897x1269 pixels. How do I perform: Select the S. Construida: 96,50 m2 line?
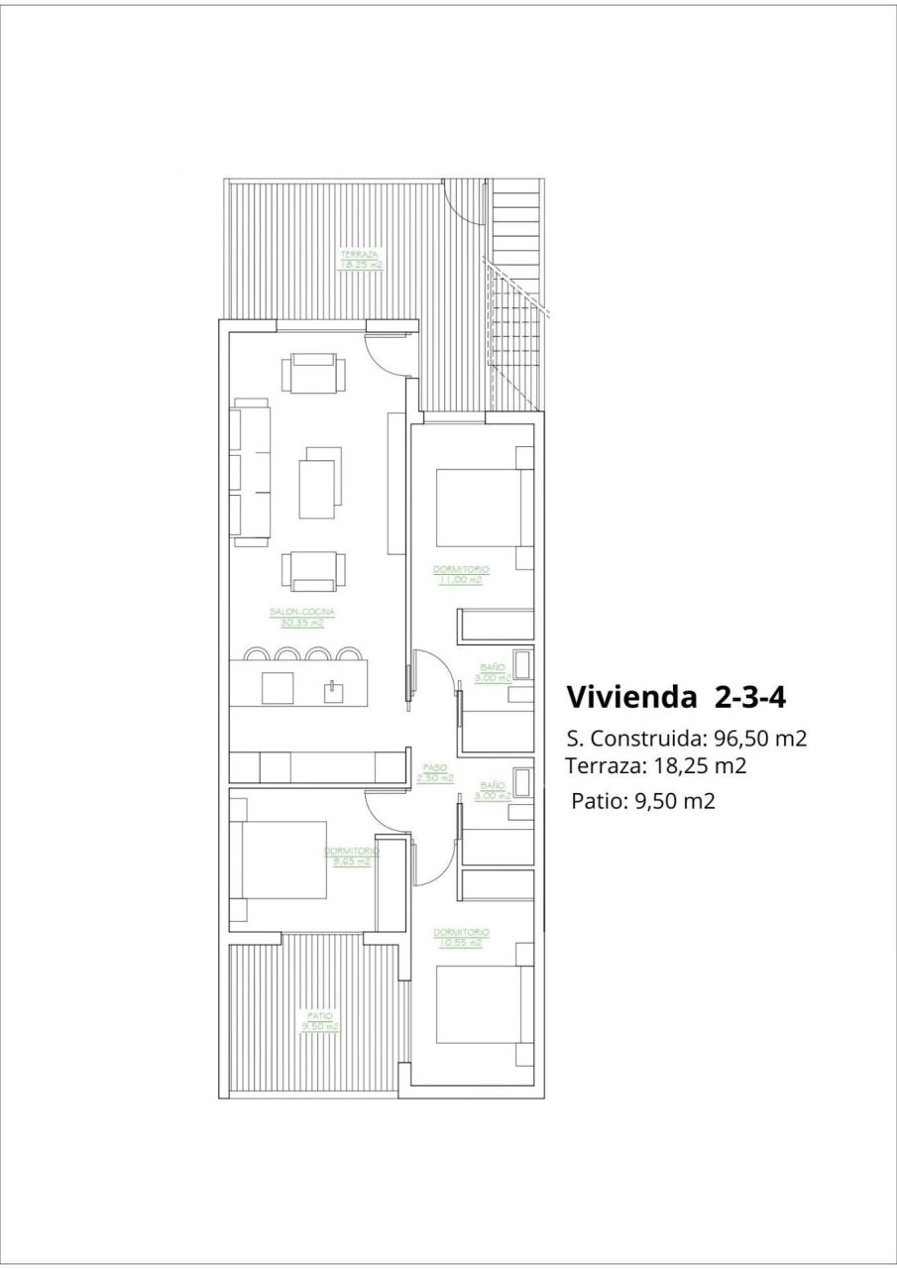pyautogui.click(x=686, y=739)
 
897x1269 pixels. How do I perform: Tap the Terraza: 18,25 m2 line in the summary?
pyautogui.click(x=655, y=765)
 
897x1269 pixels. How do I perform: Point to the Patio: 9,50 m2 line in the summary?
pyautogui.click(x=642, y=801)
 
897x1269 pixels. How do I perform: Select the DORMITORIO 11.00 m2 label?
pyautogui.click(x=461, y=574)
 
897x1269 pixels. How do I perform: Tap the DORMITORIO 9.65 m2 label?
pyautogui.click(x=351, y=857)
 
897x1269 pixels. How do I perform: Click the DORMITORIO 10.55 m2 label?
pyautogui.click(x=461, y=937)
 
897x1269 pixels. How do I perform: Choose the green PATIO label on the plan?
pyautogui.click(x=320, y=1021)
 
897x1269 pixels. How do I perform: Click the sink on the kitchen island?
pyautogui.click(x=330, y=689)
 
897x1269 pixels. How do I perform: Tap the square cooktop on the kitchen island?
pyautogui.click(x=278, y=688)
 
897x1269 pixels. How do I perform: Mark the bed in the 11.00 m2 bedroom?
pyautogui.click(x=481, y=508)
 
